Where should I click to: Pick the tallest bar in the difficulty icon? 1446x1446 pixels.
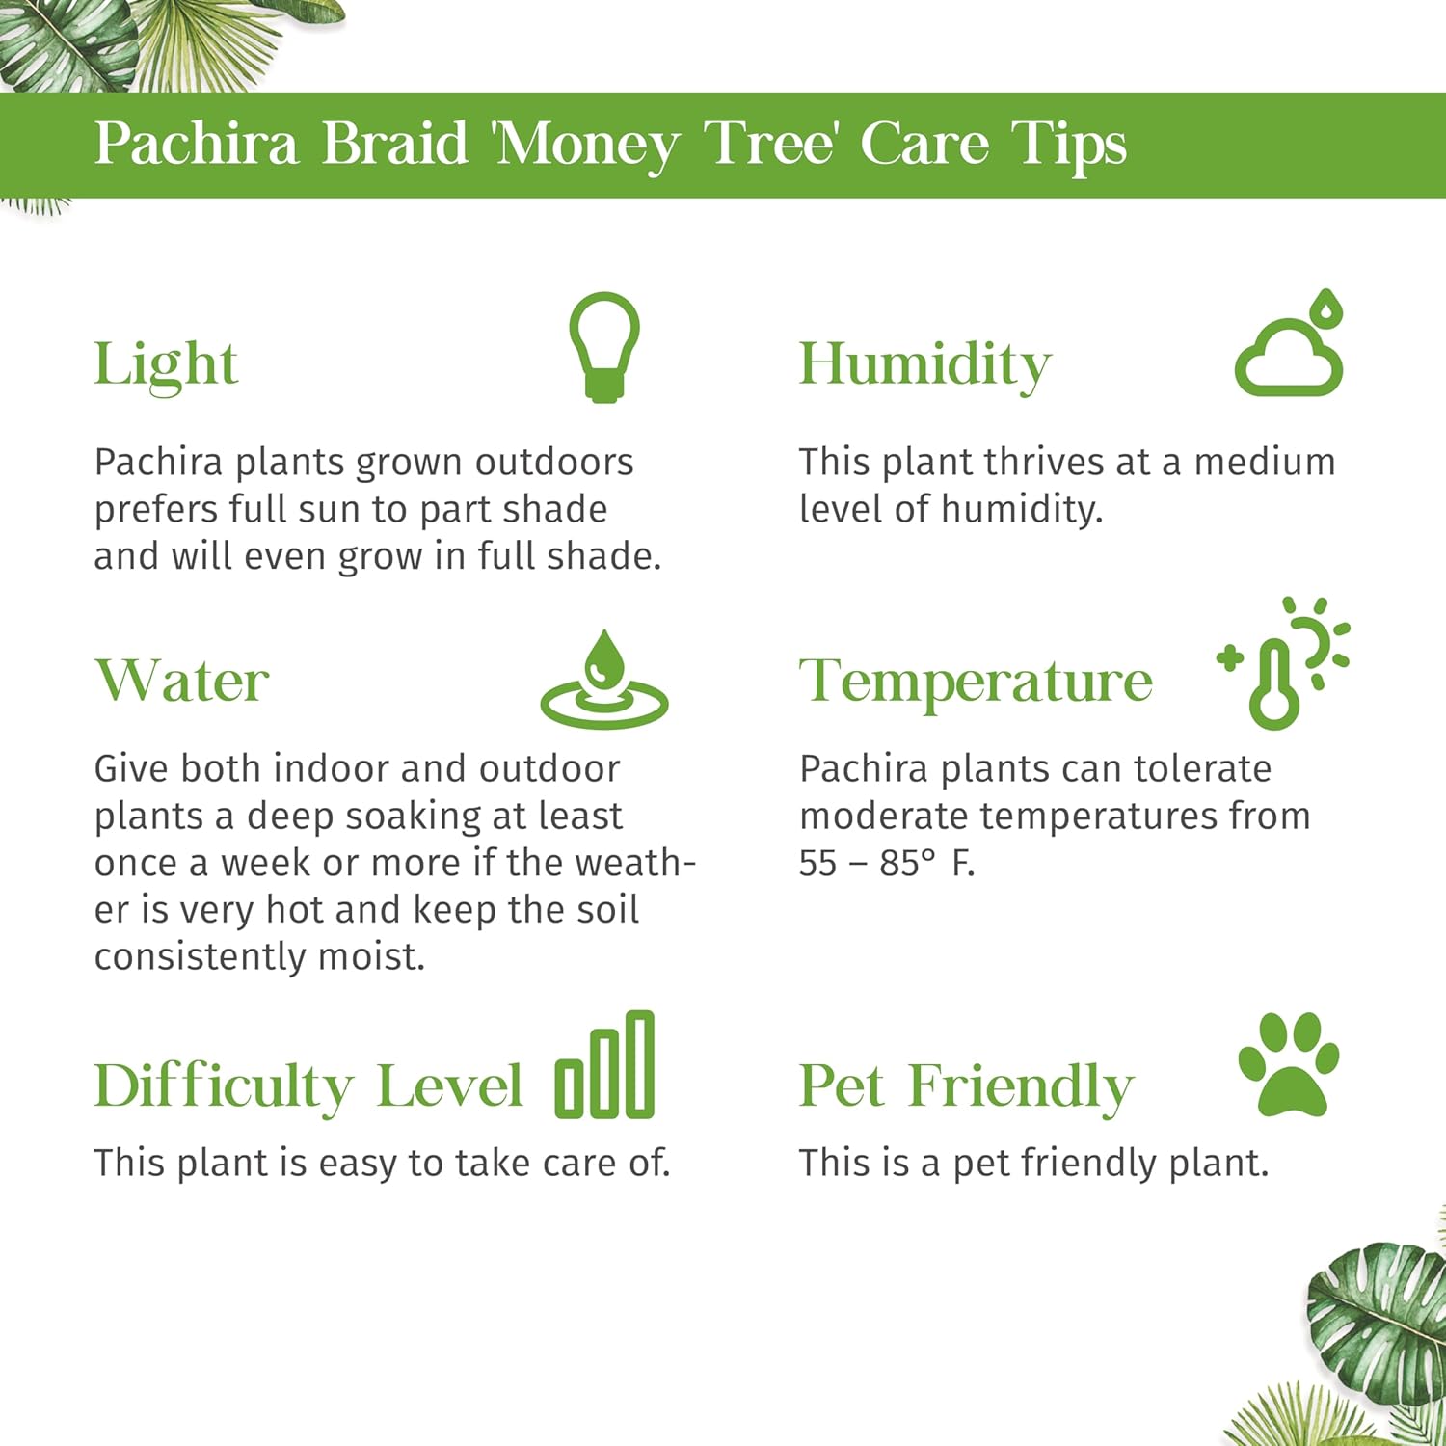pos(639,1063)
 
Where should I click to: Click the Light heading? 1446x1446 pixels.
pos(166,364)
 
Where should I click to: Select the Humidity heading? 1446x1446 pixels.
pos(924,364)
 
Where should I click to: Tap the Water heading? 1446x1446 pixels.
pos(181,681)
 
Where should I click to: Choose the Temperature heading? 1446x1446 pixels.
pos(976,683)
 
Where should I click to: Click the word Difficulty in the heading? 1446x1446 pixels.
pos(224,1086)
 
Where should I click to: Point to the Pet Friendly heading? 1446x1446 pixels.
pos(966,1086)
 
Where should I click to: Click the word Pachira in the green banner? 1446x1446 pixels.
pos(196,145)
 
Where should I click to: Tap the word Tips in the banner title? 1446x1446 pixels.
pos(1068,145)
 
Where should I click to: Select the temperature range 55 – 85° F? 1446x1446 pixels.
pos(886,863)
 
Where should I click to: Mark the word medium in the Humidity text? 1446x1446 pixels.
pos(1265,462)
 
